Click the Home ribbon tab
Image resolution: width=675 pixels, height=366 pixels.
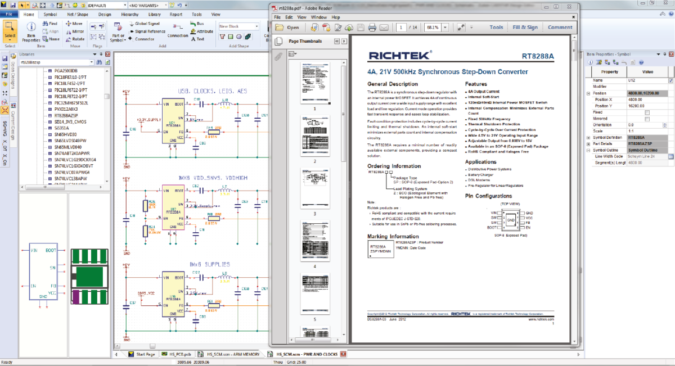click(x=29, y=15)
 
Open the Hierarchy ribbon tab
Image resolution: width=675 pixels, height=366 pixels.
click(x=130, y=15)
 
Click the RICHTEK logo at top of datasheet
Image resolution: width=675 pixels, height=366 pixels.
click(x=399, y=55)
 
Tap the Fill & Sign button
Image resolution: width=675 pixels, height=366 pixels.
click(x=525, y=27)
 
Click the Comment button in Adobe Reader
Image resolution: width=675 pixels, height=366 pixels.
click(x=560, y=27)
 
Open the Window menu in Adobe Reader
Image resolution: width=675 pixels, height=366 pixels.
click(x=318, y=17)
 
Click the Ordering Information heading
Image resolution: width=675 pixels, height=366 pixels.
click(x=394, y=166)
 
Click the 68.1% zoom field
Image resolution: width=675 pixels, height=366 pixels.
click(x=435, y=27)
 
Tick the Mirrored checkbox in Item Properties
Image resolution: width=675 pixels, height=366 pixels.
click(x=647, y=119)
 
